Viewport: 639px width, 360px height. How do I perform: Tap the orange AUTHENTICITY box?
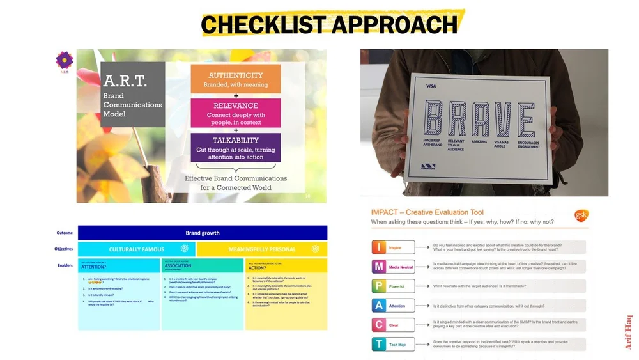pyautogui.click(x=235, y=79)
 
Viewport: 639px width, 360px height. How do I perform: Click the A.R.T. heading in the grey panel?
pyautogui.click(x=125, y=81)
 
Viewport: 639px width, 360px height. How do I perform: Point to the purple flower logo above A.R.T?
pyautogui.click(x=64, y=61)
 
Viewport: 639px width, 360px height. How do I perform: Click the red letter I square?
pyautogui.click(x=380, y=247)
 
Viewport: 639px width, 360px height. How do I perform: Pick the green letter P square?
pyautogui.click(x=380, y=286)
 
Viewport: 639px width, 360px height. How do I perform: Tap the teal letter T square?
pyautogui.click(x=380, y=344)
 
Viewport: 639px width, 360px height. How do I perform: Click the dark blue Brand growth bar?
pyautogui.click(x=202, y=233)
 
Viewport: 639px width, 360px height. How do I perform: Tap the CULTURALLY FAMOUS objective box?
pyautogui.click(x=136, y=249)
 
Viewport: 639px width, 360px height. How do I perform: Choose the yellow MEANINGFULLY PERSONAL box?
pyautogui.click(x=261, y=249)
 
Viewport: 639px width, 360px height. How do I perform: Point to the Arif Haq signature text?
pyautogui.click(x=629, y=333)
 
